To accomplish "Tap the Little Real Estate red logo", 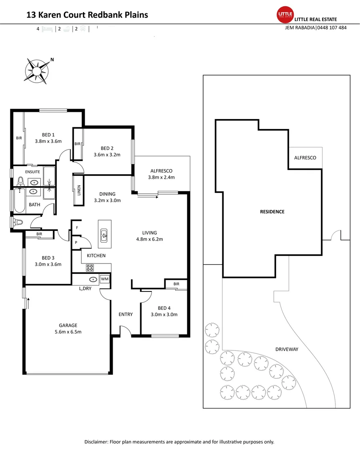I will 285,15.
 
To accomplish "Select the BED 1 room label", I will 48,134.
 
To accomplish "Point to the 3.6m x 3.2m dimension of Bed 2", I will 107,155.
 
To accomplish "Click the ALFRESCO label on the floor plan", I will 161,171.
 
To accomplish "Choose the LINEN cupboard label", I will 78,190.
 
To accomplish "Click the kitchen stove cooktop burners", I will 90,268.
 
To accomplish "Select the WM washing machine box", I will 104,279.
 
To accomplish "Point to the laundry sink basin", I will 93,279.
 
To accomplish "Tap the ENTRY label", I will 126,314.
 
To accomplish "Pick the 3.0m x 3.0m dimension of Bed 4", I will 164,314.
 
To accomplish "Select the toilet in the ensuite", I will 20,181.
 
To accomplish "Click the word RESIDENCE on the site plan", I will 272,212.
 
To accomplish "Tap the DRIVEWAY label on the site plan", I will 287,349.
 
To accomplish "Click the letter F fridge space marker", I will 76,228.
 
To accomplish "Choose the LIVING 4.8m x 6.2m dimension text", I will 149,239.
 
